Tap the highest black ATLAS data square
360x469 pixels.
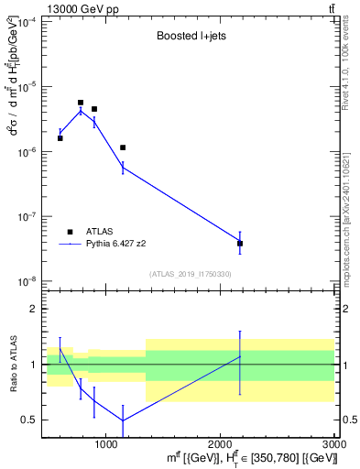pyautogui.click(x=81, y=103)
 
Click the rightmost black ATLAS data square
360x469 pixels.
pyautogui.click(x=240, y=244)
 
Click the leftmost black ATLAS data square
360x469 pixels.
pyautogui.click(x=60, y=138)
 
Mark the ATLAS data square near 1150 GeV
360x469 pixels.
pyautogui.click(x=123, y=147)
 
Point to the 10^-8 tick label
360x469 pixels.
pyautogui.click(x=28, y=282)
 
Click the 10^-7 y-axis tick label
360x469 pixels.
pyautogui.click(x=28, y=217)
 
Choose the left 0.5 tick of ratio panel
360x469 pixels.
pyautogui.click(x=33, y=420)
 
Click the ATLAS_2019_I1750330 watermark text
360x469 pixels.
pyautogui.click(x=191, y=274)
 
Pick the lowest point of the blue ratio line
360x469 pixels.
pyautogui.click(x=123, y=420)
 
